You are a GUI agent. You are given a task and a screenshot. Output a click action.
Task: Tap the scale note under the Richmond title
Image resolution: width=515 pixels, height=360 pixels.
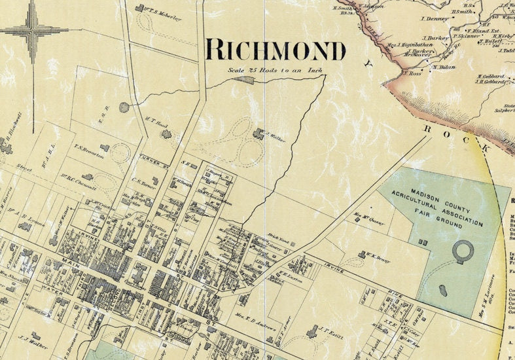[275, 68]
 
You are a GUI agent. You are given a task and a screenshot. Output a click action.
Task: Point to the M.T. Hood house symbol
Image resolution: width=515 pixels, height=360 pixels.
[166, 134]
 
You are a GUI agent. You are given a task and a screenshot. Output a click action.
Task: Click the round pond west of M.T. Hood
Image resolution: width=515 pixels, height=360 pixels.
[124, 107]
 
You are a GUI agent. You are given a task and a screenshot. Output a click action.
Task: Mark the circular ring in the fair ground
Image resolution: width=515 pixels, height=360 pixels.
[463, 251]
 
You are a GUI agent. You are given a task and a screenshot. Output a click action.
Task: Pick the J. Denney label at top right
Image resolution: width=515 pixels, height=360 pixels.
[435, 19]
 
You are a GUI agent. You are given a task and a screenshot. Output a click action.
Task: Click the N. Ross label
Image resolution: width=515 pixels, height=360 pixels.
[412, 74]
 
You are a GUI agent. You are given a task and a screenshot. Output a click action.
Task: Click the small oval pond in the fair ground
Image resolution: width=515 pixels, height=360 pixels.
[442, 289]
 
